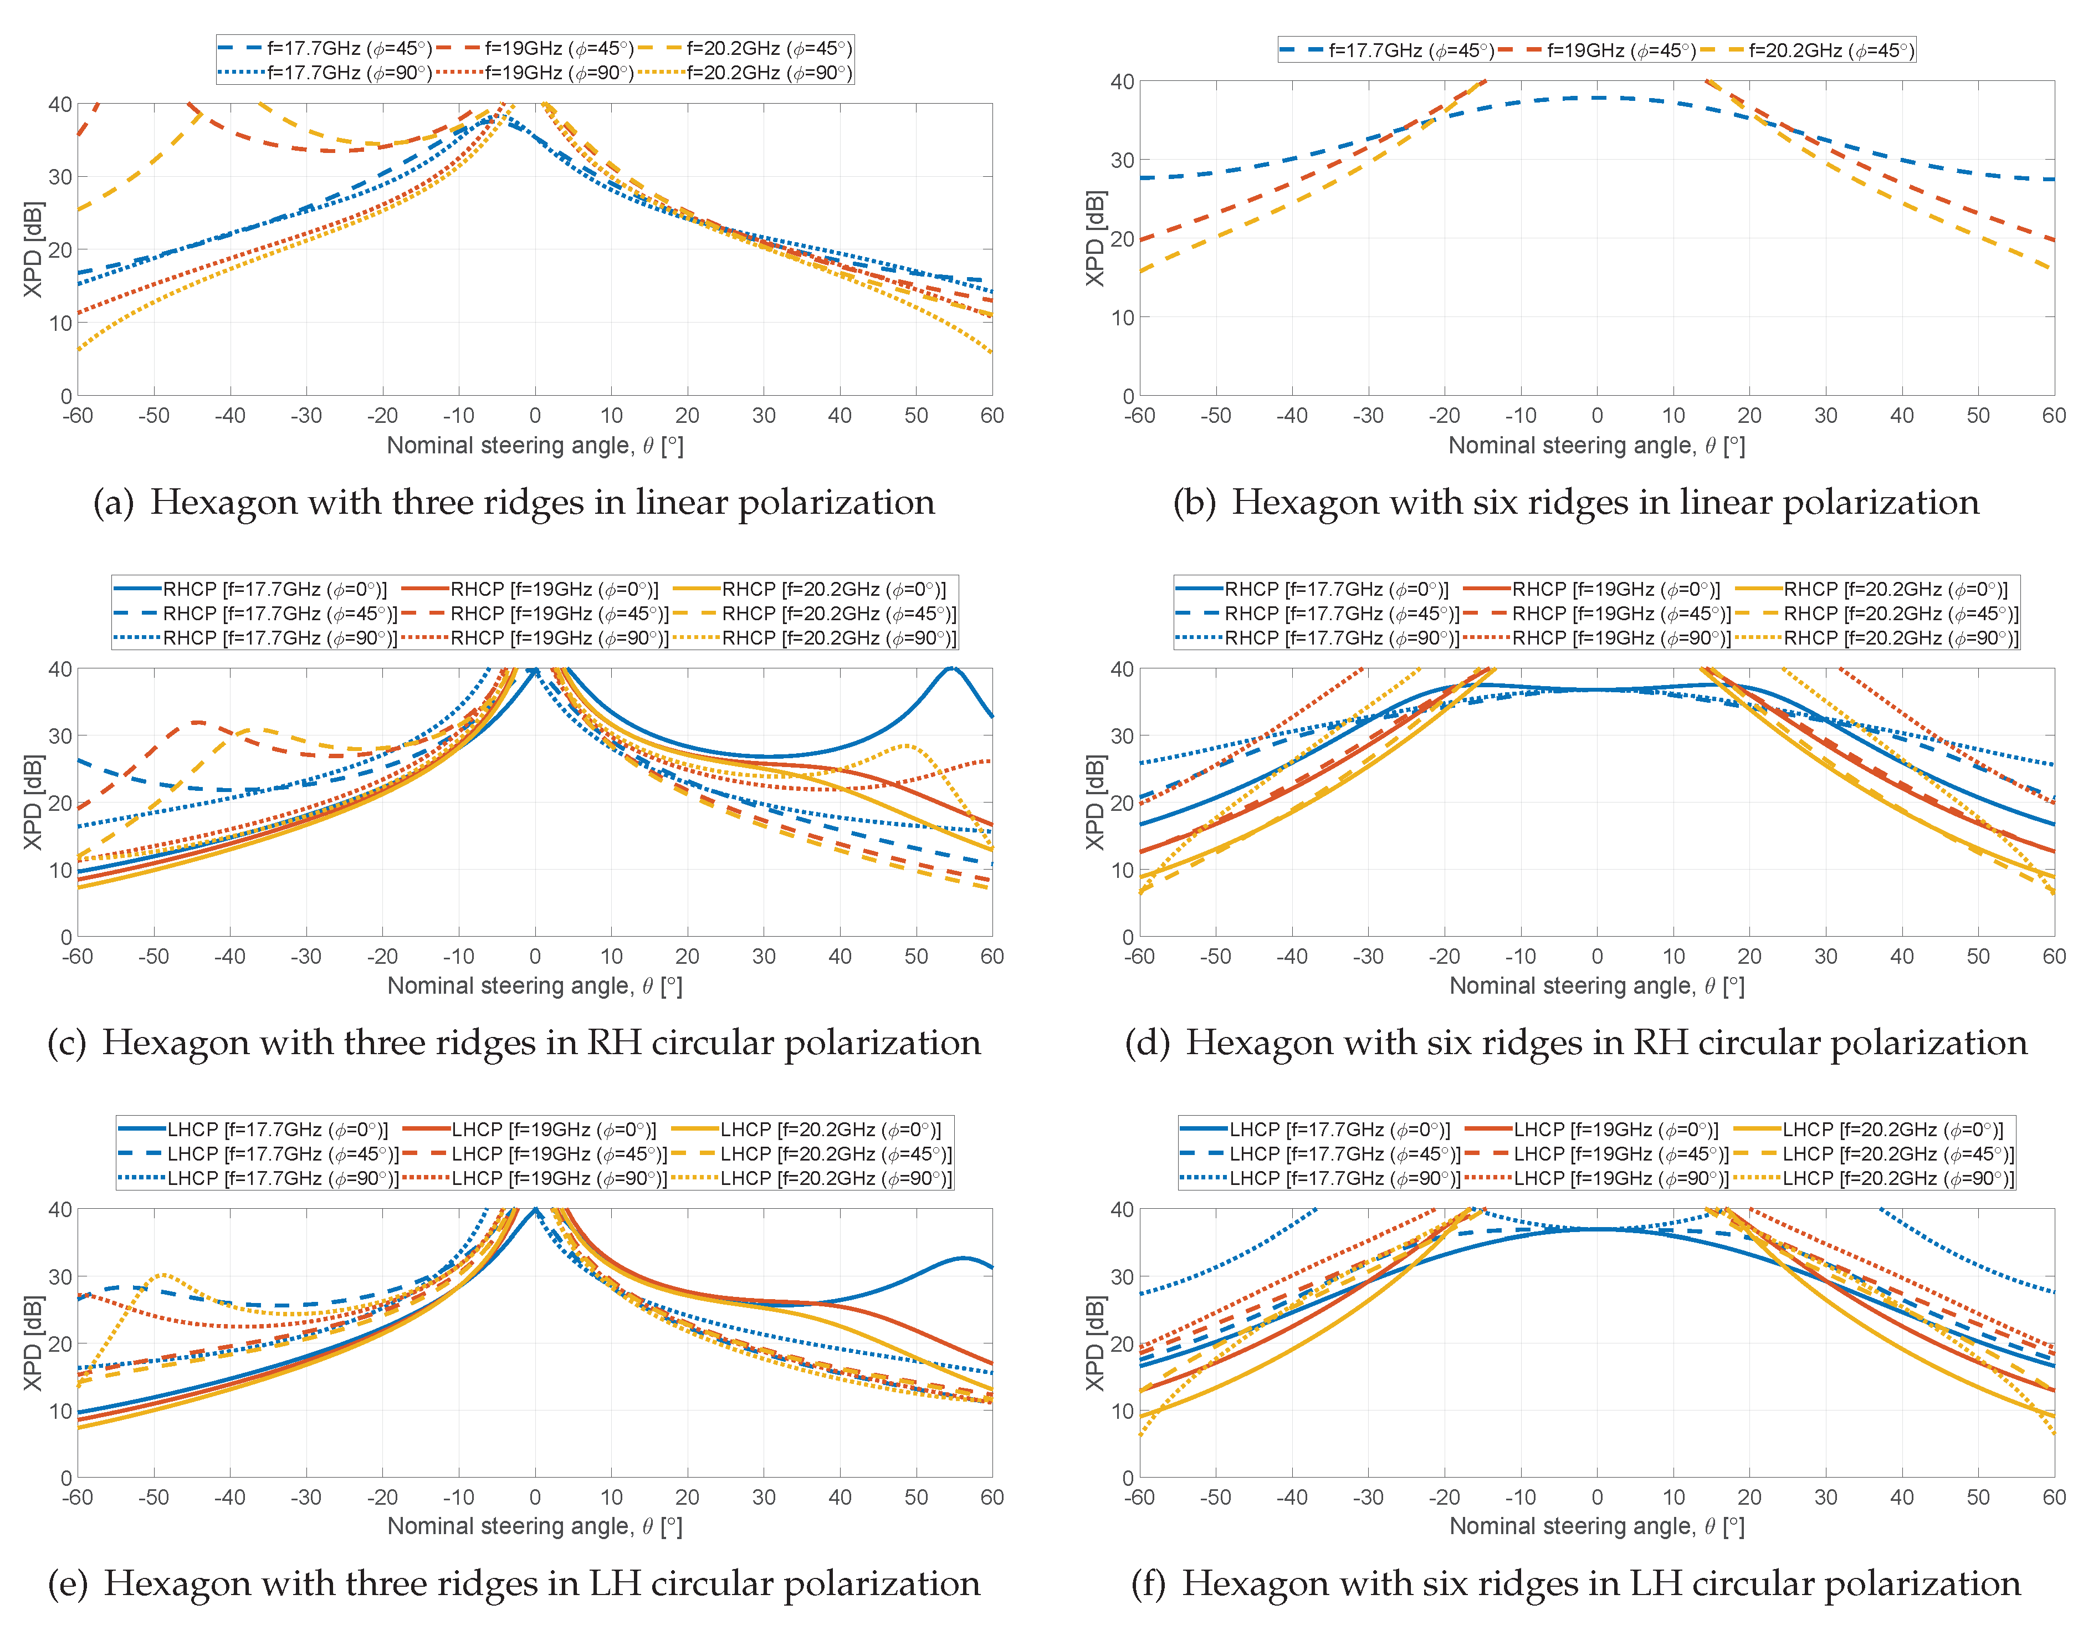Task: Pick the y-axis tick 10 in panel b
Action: pos(1122,318)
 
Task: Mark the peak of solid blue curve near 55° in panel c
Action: pos(950,668)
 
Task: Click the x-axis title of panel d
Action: pos(1596,986)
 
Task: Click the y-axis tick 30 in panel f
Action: pos(1122,1277)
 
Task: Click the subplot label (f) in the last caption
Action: pos(1150,1584)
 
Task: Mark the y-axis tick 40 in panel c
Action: pos(60,669)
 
